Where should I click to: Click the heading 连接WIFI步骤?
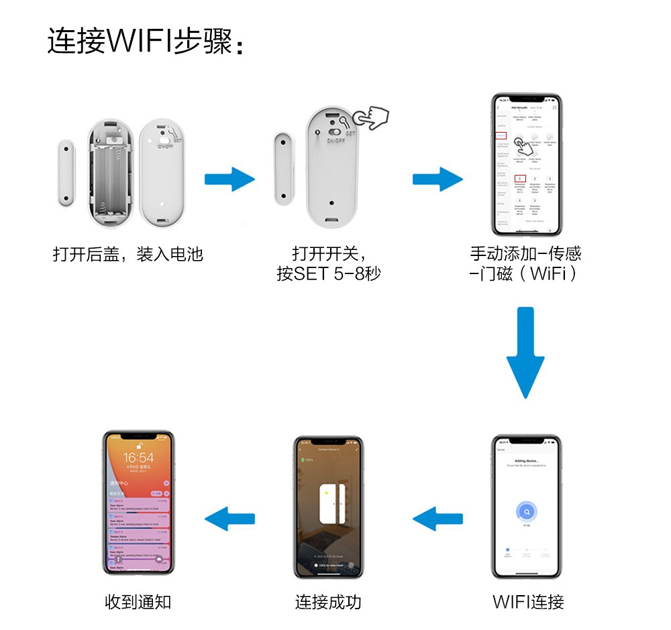click(x=144, y=41)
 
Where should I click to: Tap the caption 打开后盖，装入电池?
click(x=127, y=255)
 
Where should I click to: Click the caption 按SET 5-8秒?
click(x=329, y=274)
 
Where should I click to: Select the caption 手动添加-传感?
click(x=525, y=254)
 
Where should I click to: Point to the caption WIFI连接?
click(x=528, y=602)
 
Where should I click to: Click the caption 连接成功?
click(x=328, y=602)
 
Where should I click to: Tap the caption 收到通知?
click(x=138, y=602)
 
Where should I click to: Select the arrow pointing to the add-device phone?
click(x=437, y=180)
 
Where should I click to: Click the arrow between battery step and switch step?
click(x=229, y=180)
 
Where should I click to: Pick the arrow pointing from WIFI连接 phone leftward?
click(x=437, y=518)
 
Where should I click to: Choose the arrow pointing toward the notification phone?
click(x=229, y=518)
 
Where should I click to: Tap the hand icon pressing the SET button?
click(x=371, y=118)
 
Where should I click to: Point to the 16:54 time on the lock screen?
click(x=138, y=458)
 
